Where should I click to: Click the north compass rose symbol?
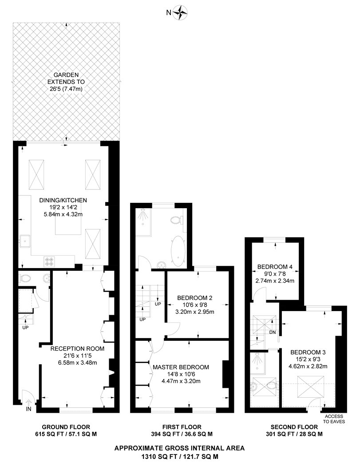coord(180,13)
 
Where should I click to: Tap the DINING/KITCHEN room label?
coord(63,200)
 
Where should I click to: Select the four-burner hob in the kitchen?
coord(49,261)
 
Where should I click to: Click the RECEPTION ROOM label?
coord(77,348)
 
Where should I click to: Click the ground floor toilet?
coord(25,278)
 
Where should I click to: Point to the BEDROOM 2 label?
coord(195,298)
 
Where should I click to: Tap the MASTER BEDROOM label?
coord(181,367)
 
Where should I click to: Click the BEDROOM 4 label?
coord(275,267)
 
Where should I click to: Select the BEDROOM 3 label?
coord(308,352)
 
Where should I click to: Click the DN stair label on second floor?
coord(273,332)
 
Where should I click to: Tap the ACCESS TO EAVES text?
coord(334,419)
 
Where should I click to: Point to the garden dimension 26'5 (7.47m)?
coord(66,89)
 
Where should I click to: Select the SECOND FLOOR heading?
coord(294,427)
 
